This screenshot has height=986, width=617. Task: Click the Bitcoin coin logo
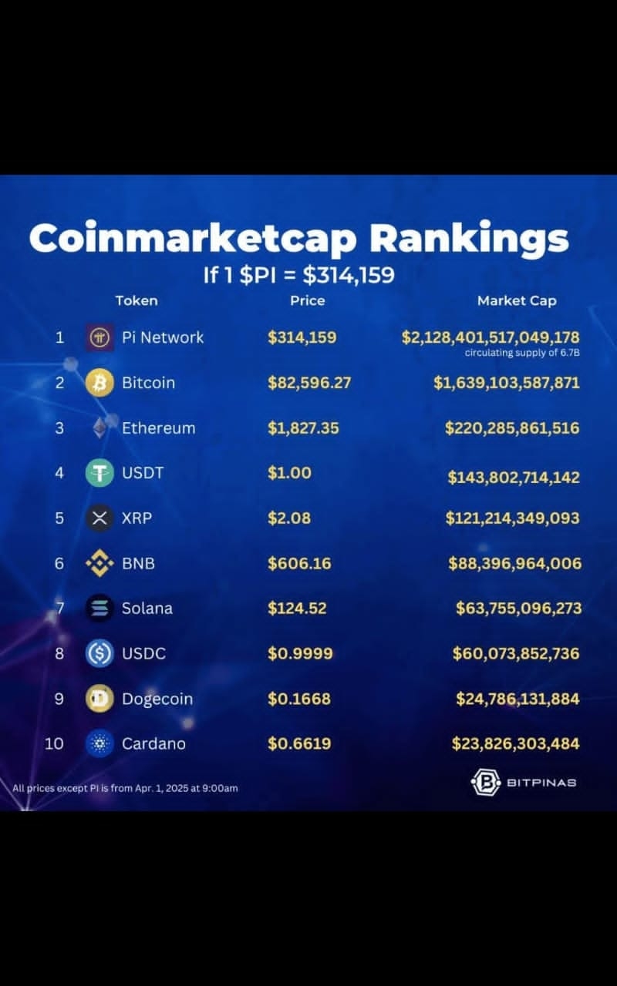[99, 383]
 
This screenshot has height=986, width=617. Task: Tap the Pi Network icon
[99, 337]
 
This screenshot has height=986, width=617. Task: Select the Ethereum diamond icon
[99, 428]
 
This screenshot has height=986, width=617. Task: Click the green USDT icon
[99, 473]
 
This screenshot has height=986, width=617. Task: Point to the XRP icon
[99, 518]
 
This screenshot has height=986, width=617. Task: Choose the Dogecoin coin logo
[99, 699]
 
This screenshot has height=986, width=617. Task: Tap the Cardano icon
[99, 744]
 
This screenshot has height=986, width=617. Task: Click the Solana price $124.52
[297, 609]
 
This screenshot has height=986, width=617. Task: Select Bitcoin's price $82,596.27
[308, 383]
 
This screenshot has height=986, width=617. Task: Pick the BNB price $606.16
[299, 564]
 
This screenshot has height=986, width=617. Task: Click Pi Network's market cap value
[491, 337]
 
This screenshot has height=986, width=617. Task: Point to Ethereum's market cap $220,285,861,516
[512, 428]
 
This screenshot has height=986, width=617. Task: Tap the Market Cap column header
[517, 301]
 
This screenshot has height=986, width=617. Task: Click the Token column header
[137, 301]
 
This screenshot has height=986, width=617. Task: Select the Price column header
[307, 301]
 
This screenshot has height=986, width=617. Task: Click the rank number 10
[54, 744]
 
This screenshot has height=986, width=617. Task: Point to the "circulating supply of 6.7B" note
[521, 353]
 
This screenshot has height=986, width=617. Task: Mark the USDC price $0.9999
[300, 654]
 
